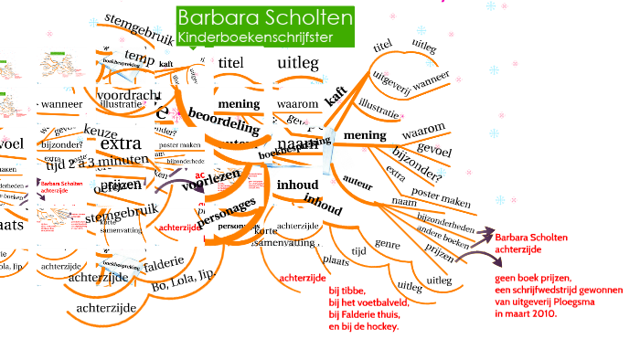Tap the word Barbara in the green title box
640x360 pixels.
click(210, 18)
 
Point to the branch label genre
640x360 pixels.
click(388, 245)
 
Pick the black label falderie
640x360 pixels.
click(164, 262)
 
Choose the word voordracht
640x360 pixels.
click(128, 94)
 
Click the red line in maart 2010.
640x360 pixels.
click(526, 312)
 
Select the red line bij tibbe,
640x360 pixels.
click(347, 291)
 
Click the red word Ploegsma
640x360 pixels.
click(576, 301)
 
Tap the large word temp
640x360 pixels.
click(139, 58)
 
